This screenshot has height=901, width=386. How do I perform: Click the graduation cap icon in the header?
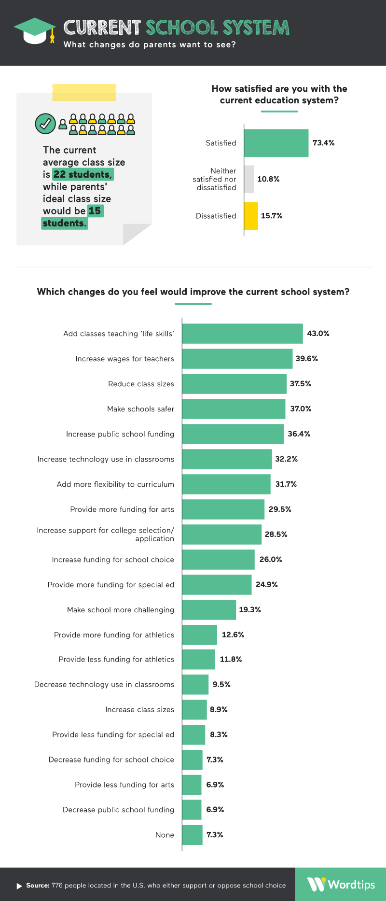tap(35, 30)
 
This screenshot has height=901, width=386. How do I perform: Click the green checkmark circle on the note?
tap(45, 124)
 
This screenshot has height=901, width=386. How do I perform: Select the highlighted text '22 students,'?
tap(83, 174)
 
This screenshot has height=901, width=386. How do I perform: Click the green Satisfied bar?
tap(276, 143)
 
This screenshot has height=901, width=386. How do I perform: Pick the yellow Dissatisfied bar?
tap(251, 216)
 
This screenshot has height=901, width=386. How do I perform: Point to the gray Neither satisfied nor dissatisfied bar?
tap(249, 179)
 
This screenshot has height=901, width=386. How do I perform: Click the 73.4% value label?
tap(323, 143)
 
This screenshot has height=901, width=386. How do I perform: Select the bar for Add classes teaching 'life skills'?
tap(242, 334)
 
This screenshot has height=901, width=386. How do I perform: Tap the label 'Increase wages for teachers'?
tap(124, 359)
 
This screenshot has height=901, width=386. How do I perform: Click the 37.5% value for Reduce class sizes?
tap(300, 384)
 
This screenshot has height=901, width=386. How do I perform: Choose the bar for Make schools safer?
tap(234, 409)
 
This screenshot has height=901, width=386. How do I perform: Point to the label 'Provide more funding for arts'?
tap(122, 509)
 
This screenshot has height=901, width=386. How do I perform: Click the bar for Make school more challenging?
tap(209, 610)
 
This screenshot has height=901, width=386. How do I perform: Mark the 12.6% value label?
tap(233, 635)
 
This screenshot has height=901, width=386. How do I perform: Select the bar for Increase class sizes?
tap(194, 710)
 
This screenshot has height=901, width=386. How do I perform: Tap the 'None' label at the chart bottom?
tap(165, 835)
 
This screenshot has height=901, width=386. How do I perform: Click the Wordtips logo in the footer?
tap(341, 885)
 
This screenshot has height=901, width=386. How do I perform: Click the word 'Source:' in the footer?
tap(38, 886)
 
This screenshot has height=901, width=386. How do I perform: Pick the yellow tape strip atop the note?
tap(84, 93)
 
